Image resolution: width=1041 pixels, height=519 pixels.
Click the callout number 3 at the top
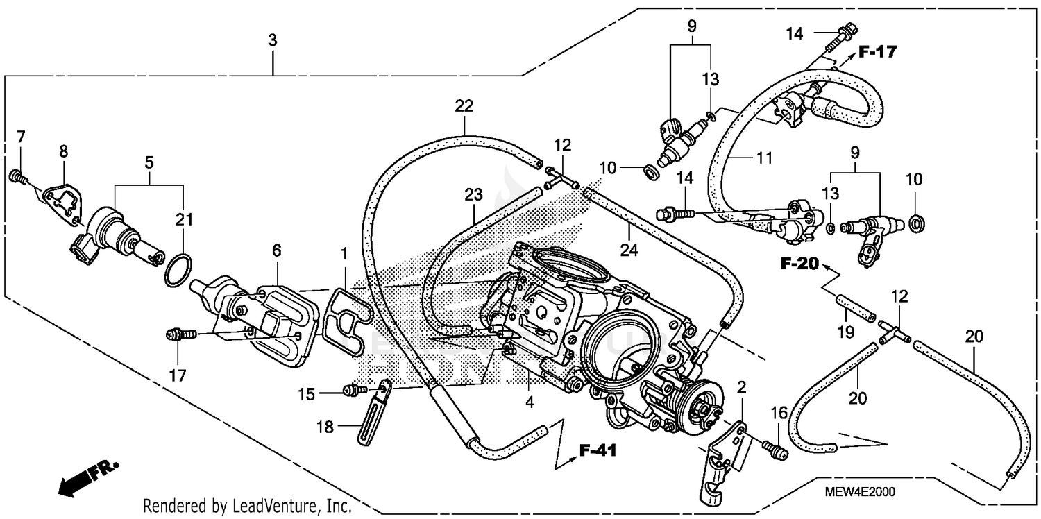click(273, 41)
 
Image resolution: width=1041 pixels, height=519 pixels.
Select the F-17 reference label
click(877, 51)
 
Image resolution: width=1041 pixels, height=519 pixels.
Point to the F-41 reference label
click(598, 452)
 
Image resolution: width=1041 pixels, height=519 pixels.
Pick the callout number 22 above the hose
click(464, 106)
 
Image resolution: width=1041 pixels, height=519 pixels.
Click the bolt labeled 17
click(178, 336)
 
